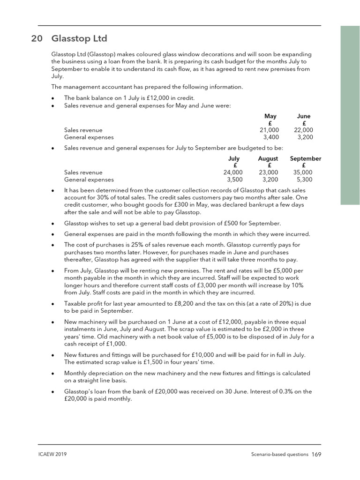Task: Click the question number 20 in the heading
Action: pyautogui.click(x=37, y=38)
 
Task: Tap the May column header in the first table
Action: pyautogui.click(x=270, y=116)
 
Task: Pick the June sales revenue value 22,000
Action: pyautogui.click(x=303, y=130)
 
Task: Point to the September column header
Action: pyautogui.click(x=305, y=158)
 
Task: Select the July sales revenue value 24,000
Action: pyautogui.click(x=233, y=172)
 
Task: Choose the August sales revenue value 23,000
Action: pyautogui.click(x=268, y=172)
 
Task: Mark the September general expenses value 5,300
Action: pyautogui.click(x=304, y=180)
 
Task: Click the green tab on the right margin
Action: pyautogui.click(x=350, y=115)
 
